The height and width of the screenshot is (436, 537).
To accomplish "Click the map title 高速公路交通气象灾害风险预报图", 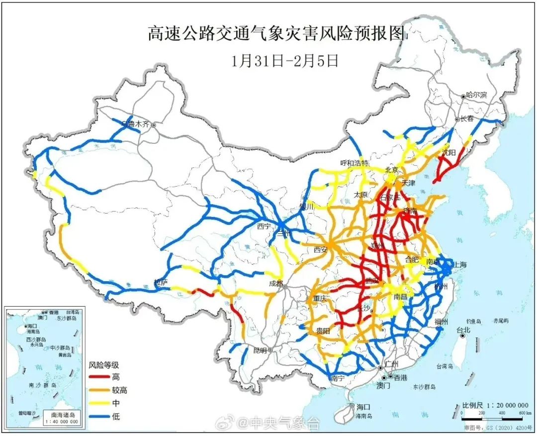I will (x=277, y=34).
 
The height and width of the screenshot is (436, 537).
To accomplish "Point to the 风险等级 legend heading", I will (x=104, y=365).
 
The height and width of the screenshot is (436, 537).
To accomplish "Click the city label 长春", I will (x=467, y=119).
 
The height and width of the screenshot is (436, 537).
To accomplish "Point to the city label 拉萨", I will (x=161, y=282).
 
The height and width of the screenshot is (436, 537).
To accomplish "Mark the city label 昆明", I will (x=260, y=350).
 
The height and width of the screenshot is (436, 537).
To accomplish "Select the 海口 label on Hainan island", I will (x=363, y=407).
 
